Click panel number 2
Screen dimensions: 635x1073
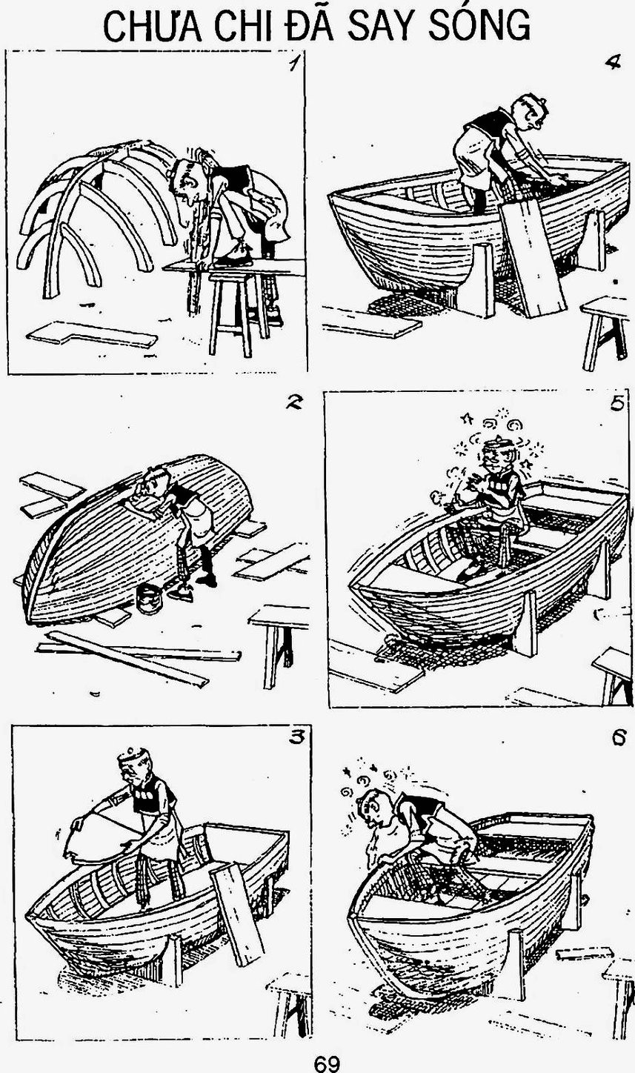293,403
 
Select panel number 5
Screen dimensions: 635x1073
617,404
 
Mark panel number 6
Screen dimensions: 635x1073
618,738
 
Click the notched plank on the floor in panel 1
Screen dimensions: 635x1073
92,335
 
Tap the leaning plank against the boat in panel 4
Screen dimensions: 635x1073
531,258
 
